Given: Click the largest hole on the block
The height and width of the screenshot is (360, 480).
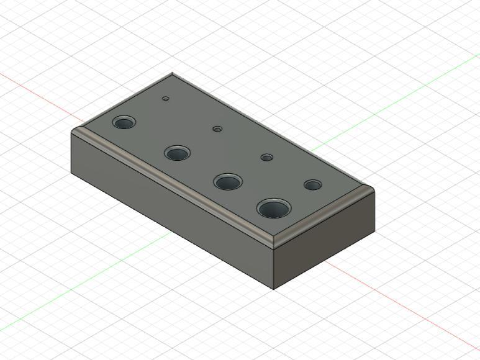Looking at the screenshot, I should click(273, 209).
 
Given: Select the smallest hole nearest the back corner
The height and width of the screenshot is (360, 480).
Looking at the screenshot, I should click(166, 98).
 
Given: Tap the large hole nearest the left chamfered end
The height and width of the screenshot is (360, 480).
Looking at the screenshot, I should click(125, 121).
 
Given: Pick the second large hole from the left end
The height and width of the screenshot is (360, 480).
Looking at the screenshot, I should click(177, 153).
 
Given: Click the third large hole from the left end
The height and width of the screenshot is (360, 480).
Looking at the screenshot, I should click(228, 182).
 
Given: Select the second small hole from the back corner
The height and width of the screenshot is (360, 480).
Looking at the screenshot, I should click(217, 128).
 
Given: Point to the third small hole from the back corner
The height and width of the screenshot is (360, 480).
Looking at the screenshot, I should click(266, 158).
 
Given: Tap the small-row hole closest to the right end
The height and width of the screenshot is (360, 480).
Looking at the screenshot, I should click(312, 185).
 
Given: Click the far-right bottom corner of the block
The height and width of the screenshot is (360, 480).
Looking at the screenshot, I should click(374, 233).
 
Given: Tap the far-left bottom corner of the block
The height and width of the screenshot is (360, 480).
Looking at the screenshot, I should click(73, 174).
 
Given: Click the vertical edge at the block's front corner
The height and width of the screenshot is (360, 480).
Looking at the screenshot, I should click(274, 267).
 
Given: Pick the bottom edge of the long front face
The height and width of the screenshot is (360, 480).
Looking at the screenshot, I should click(174, 232).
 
